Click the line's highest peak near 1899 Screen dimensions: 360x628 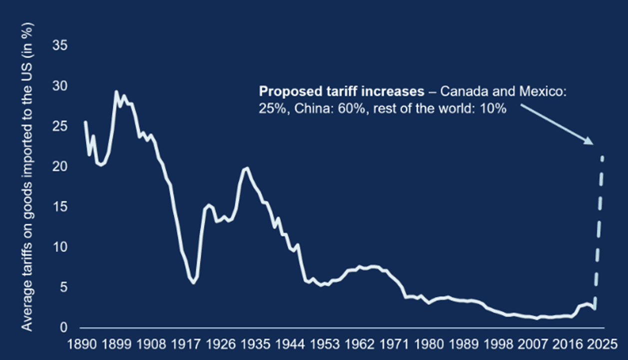coord(116,91)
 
